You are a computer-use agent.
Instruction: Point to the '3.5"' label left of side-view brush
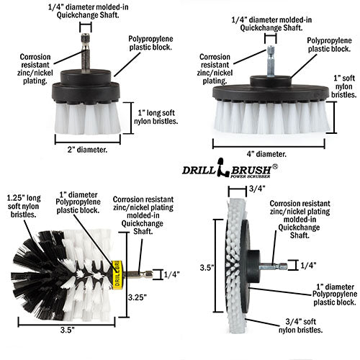(x=206, y=267)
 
